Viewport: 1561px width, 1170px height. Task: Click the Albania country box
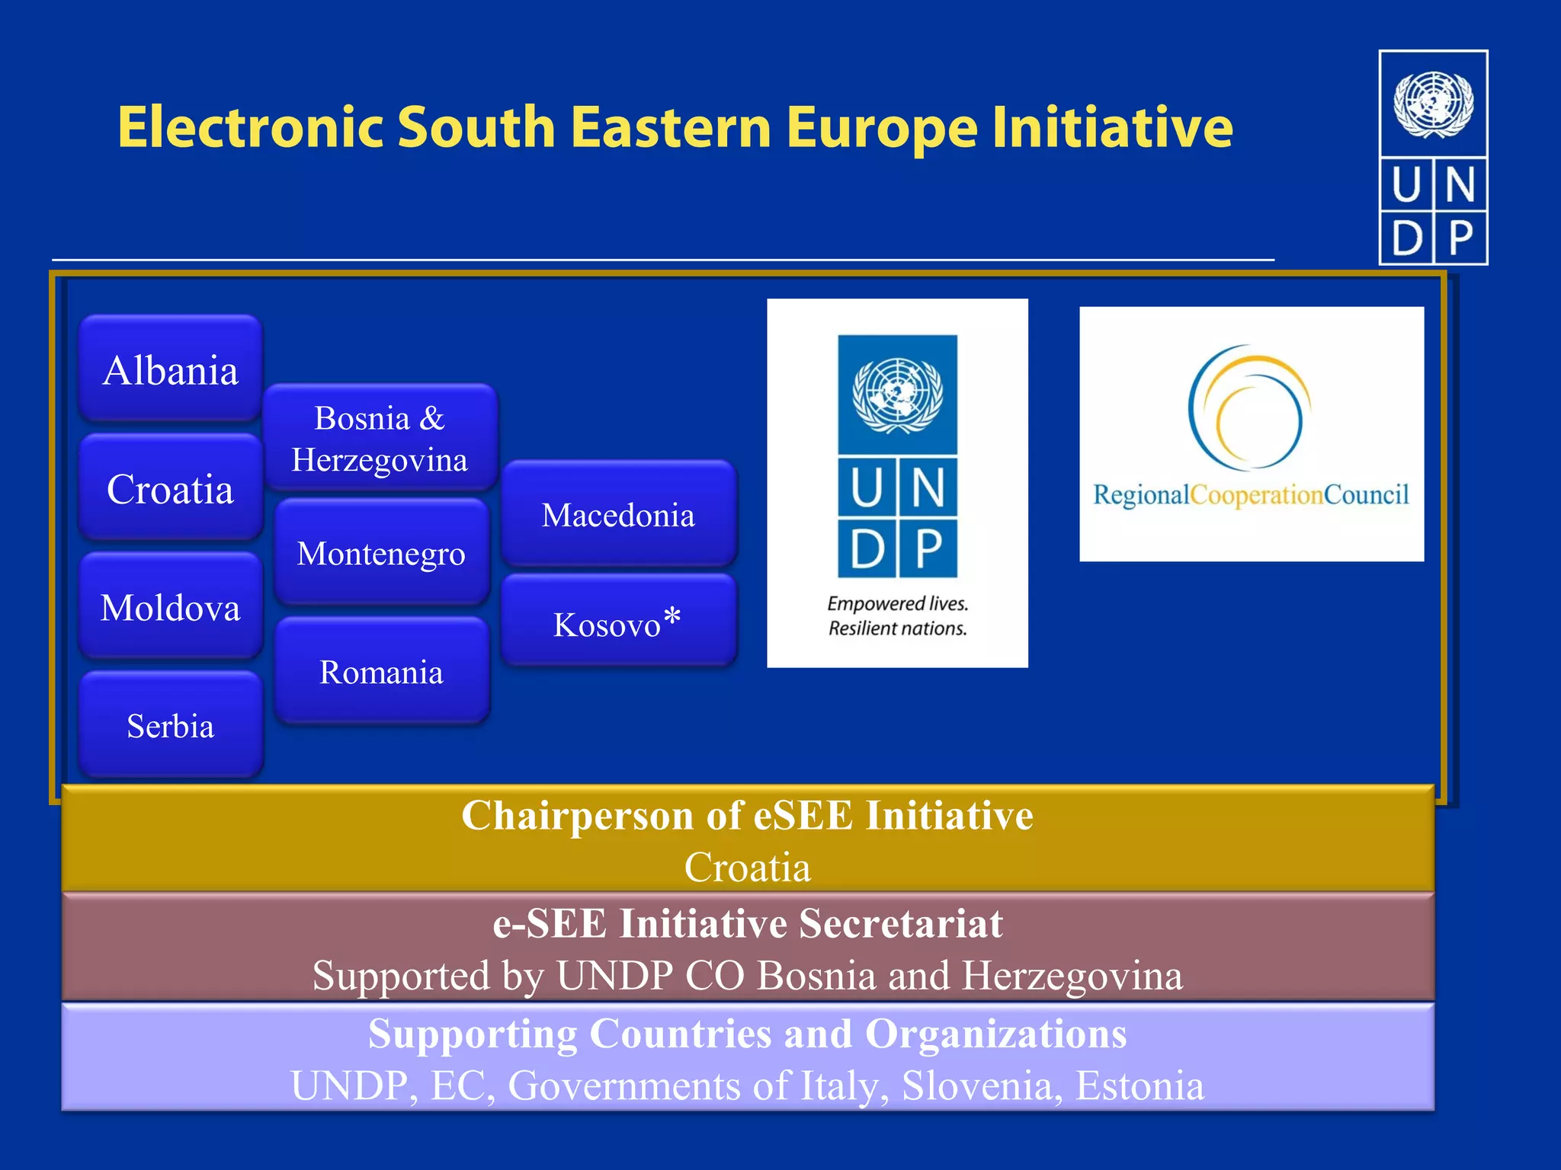pyautogui.click(x=170, y=369)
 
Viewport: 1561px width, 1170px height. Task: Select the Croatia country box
pyautogui.click(x=170, y=488)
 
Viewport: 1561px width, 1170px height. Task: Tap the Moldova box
pyautogui.click(x=170, y=607)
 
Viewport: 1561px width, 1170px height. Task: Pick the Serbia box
pyautogui.click(x=170, y=725)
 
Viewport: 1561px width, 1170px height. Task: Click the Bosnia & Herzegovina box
pyautogui.click(x=380, y=438)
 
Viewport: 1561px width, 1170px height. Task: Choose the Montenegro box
pyautogui.click(x=381, y=553)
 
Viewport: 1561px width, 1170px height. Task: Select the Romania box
pyautogui.click(x=381, y=672)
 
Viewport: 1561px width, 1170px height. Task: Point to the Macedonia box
pyautogui.click(x=618, y=515)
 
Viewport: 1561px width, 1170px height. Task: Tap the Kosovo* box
pyautogui.click(x=618, y=624)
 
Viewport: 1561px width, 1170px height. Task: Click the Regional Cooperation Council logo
pyautogui.click(x=1251, y=434)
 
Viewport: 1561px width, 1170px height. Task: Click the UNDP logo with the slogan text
pyautogui.click(x=897, y=483)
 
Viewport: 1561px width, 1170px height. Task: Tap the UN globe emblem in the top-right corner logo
pyautogui.click(x=1433, y=104)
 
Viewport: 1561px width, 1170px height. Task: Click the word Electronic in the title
pyautogui.click(x=251, y=126)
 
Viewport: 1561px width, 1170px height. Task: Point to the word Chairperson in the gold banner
pyautogui.click(x=578, y=816)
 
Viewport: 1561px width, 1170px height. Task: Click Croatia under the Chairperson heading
pyautogui.click(x=747, y=868)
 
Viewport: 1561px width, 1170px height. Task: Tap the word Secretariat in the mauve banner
pyautogui.click(x=900, y=924)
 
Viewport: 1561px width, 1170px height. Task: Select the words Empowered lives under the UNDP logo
pyautogui.click(x=897, y=604)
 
